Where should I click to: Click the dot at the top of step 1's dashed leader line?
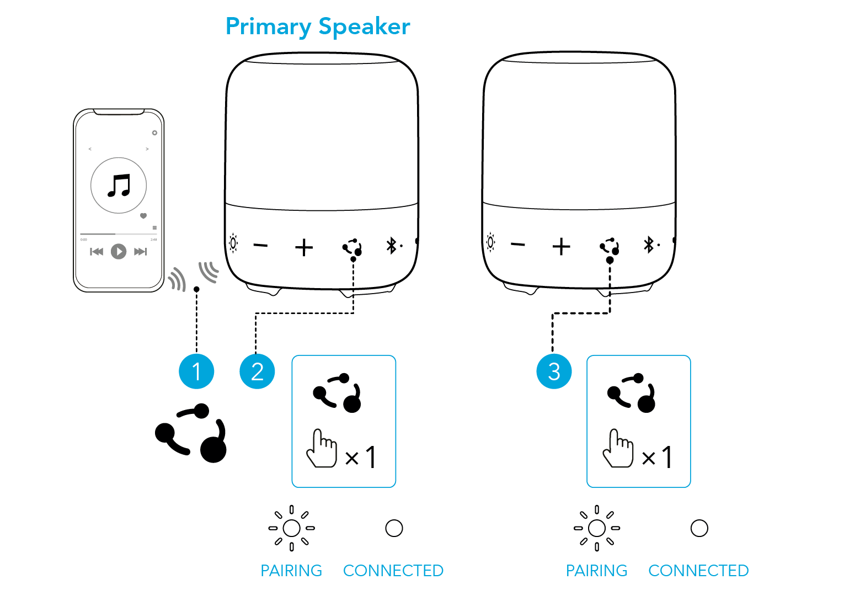tap(196, 289)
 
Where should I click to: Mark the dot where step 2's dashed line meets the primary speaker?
tap(353, 259)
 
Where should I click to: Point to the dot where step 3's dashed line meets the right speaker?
tap(610, 260)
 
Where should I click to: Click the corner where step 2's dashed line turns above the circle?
tap(256, 313)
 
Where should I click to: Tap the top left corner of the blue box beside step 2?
tap(292, 355)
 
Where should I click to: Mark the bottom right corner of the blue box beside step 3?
tap(690, 487)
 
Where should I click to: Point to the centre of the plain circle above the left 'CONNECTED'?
tap(394, 528)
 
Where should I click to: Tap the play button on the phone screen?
tap(119, 252)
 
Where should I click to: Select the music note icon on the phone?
tap(119, 185)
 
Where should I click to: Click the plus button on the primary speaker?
tap(304, 247)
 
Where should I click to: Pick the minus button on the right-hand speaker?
tap(518, 244)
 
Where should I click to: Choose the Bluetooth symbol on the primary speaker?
tap(391, 246)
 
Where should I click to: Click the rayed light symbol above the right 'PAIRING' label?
tap(597, 528)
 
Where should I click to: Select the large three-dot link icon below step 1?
tap(191, 433)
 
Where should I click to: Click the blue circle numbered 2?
tap(257, 371)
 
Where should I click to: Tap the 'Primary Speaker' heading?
tap(318, 27)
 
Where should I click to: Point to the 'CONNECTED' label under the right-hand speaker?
tap(698, 571)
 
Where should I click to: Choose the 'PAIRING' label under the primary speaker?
tap(291, 571)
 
